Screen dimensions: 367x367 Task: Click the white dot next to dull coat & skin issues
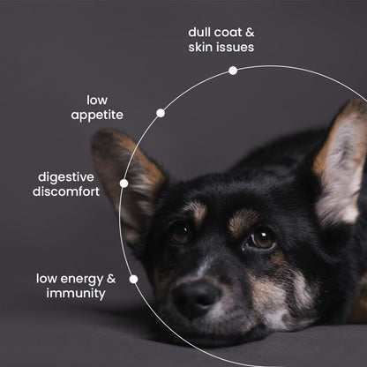[x=233, y=71]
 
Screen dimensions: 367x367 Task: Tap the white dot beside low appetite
[x=161, y=113]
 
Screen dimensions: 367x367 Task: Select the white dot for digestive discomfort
[x=124, y=183]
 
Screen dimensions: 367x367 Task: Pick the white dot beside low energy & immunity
[x=133, y=279]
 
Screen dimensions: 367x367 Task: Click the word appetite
[x=97, y=115]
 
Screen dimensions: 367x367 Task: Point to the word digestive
[x=66, y=177]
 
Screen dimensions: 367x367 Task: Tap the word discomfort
[x=66, y=191]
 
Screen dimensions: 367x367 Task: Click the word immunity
[x=76, y=294]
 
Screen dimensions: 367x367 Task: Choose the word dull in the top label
[x=199, y=32]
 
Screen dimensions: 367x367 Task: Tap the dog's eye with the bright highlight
[x=261, y=239]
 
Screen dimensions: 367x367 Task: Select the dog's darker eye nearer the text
[x=179, y=234]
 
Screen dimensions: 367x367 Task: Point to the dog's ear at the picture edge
[x=341, y=161]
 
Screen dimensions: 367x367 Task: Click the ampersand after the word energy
[x=111, y=279]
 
